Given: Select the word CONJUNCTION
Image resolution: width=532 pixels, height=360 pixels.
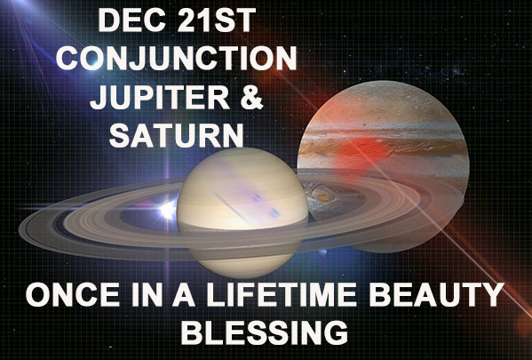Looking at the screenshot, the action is click(176, 58).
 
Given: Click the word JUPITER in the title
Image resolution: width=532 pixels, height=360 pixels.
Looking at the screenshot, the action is click(160, 97).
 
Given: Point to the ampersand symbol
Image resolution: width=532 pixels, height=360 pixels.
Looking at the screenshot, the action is click(250, 97).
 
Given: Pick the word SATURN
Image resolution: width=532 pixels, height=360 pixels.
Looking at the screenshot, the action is click(177, 135).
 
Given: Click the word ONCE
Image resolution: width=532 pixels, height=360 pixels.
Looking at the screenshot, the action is click(73, 294).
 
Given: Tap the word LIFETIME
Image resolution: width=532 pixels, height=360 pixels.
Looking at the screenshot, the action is click(282, 294).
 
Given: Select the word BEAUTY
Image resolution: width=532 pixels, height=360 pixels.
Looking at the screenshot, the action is click(437, 294).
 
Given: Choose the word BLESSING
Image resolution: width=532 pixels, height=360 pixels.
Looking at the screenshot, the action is click(265, 332).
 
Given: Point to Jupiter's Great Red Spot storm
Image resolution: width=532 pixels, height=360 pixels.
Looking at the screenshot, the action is click(322, 196).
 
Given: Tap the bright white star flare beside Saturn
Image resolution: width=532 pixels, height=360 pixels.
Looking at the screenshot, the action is click(168, 210).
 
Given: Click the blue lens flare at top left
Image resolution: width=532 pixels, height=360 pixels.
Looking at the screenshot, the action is click(91, 60).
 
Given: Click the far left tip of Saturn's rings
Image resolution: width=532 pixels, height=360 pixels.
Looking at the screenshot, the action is click(19, 230).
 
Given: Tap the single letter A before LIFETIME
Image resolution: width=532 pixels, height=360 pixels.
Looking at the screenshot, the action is click(184, 294).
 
